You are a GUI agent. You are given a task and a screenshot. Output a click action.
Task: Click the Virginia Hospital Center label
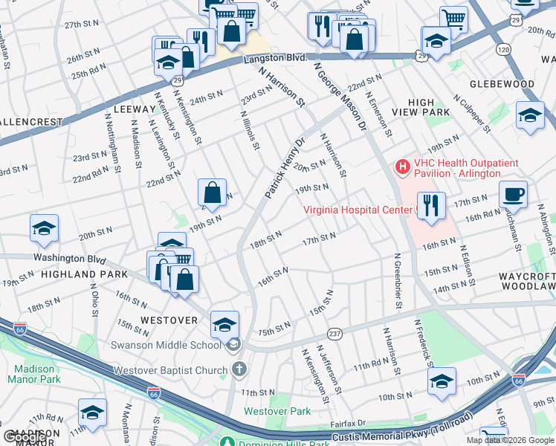(x=357, y=210)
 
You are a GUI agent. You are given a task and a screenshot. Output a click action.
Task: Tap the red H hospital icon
(x=402, y=166)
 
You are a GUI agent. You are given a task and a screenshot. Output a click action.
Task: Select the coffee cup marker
(x=513, y=195)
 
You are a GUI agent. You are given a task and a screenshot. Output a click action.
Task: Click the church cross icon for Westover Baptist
(x=239, y=369)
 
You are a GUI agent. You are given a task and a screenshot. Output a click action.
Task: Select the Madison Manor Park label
(x=33, y=374)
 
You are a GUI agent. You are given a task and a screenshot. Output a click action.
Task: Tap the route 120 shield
(x=504, y=49)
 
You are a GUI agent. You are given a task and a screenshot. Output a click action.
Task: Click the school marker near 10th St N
(x=442, y=383)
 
